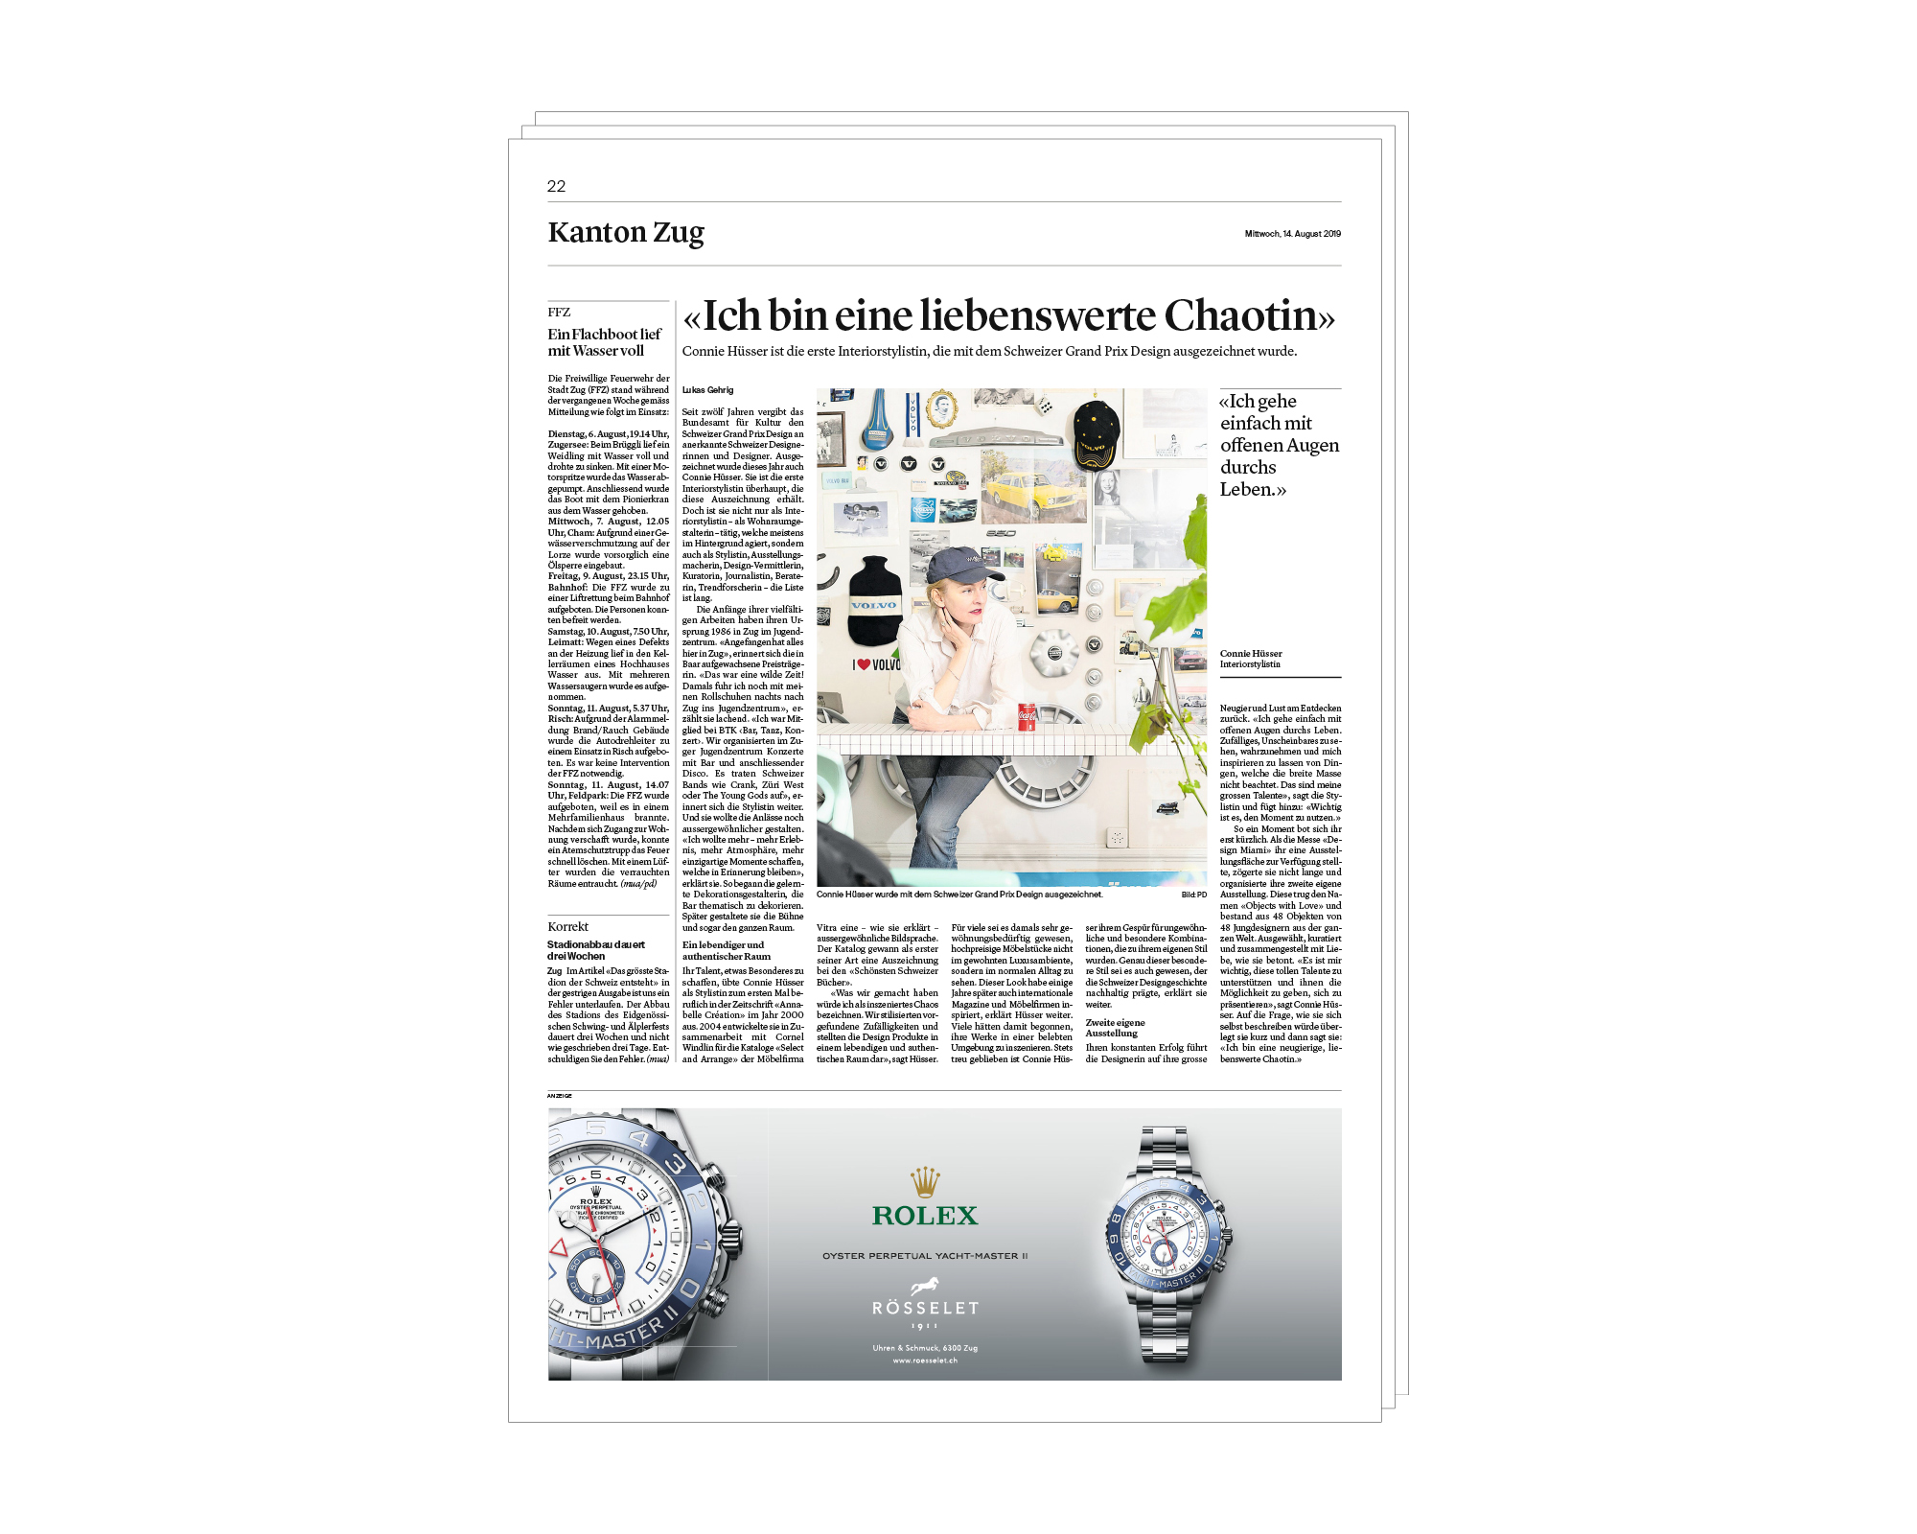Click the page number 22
pyautogui.click(x=556, y=186)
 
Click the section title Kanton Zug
pyautogui.click(x=626, y=233)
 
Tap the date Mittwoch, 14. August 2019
pyautogui.click(x=1292, y=234)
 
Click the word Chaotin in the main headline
pyautogui.click(x=1248, y=315)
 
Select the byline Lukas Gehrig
pyautogui.click(x=707, y=390)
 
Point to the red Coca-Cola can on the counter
pyautogui.click(x=1027, y=716)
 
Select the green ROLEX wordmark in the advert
pyautogui.click(x=925, y=1216)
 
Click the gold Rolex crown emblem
pyautogui.click(x=925, y=1182)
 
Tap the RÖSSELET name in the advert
pyautogui.click(x=925, y=1308)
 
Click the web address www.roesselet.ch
pyautogui.click(x=925, y=1360)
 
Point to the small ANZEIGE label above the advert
pyautogui.click(x=560, y=1096)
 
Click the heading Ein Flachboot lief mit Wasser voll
pyautogui.click(x=604, y=342)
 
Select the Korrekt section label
pyautogui.click(x=567, y=927)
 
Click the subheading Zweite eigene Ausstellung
pyautogui.click(x=1115, y=1028)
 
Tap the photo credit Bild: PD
pyautogui.click(x=1194, y=895)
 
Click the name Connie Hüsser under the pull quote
pyautogui.click(x=1251, y=654)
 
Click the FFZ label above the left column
pyautogui.click(x=559, y=313)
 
